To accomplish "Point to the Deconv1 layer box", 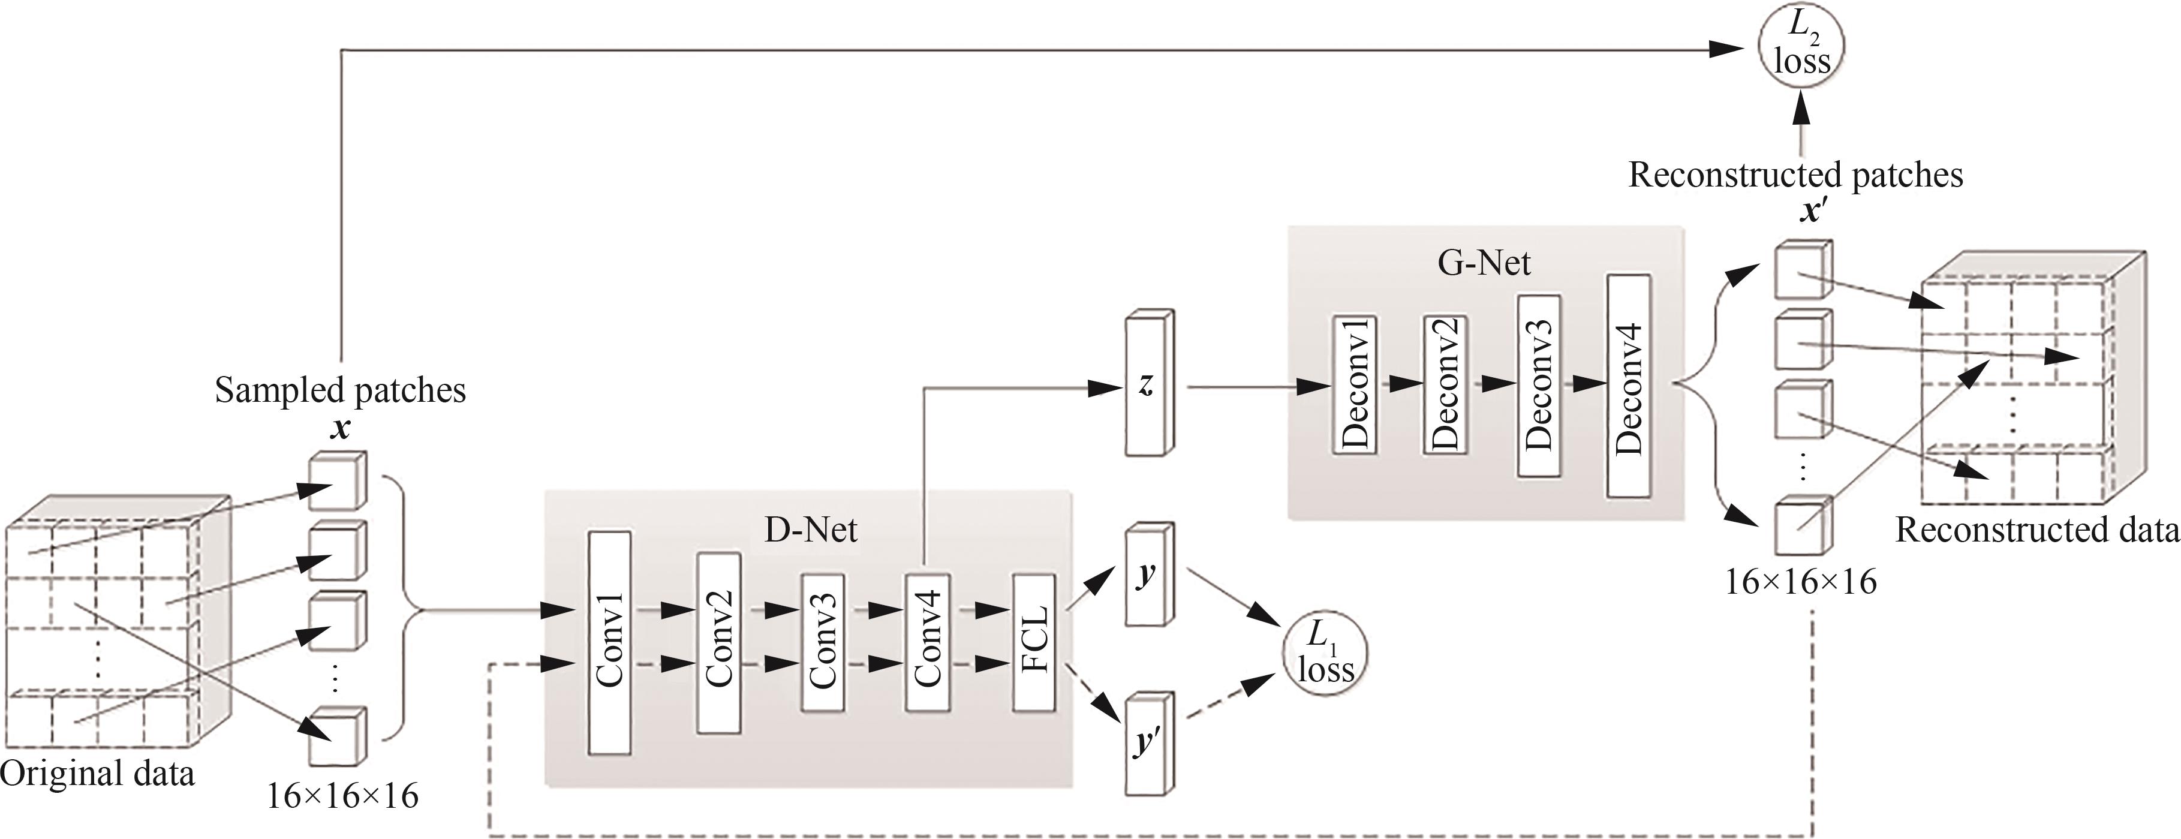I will coord(1355,385).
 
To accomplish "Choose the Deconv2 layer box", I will coord(1445,385).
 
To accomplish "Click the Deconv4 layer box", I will coord(1628,385).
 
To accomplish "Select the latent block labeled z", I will coord(1148,385).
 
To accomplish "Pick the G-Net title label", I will coord(1484,263).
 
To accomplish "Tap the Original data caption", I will coord(97,774).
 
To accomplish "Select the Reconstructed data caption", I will coord(2037,531).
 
